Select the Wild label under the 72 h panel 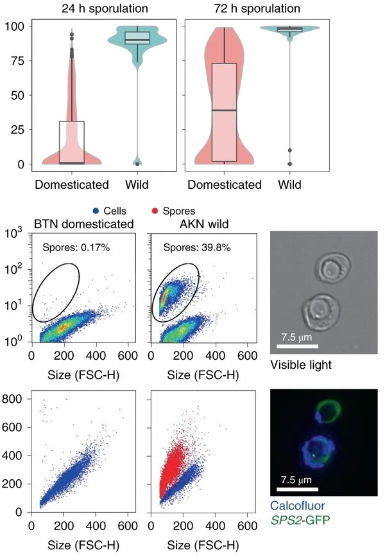[x=295, y=185]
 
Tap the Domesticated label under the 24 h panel [x=72, y=185]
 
